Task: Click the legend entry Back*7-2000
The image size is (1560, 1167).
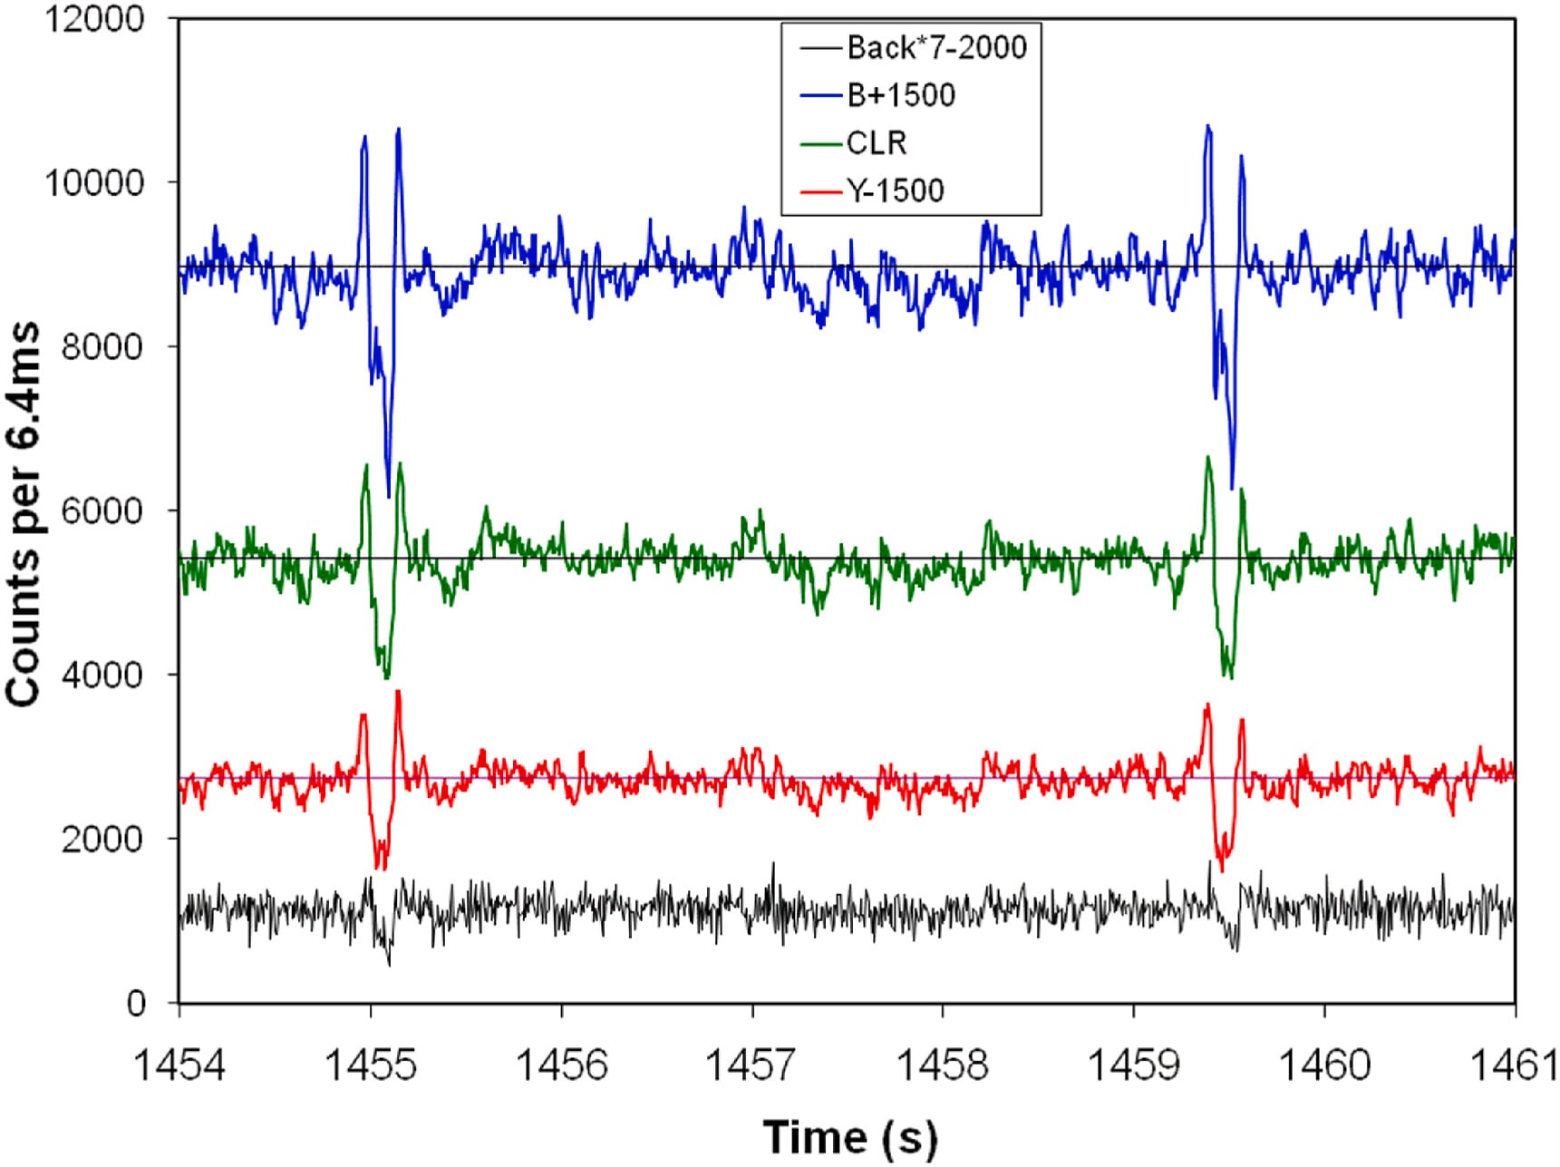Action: (x=935, y=48)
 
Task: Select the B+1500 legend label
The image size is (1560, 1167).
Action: (x=900, y=95)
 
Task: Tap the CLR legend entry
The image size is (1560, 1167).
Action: (x=876, y=143)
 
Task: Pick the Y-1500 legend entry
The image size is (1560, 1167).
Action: (x=895, y=190)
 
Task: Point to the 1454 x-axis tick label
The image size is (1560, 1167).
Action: (x=179, y=1065)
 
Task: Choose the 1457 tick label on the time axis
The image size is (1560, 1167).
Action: (x=752, y=1065)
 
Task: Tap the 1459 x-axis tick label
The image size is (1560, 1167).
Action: (x=1134, y=1065)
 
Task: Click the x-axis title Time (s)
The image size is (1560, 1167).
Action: (x=849, y=1137)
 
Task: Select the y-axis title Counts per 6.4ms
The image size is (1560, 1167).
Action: (x=24, y=513)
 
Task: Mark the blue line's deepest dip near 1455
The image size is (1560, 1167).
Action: (x=389, y=497)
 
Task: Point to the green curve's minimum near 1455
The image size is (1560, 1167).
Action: (x=387, y=677)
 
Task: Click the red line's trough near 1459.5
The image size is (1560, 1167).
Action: (x=1222, y=871)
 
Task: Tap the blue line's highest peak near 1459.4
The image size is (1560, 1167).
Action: (x=1206, y=126)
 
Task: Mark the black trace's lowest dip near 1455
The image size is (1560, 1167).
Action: (x=390, y=965)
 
